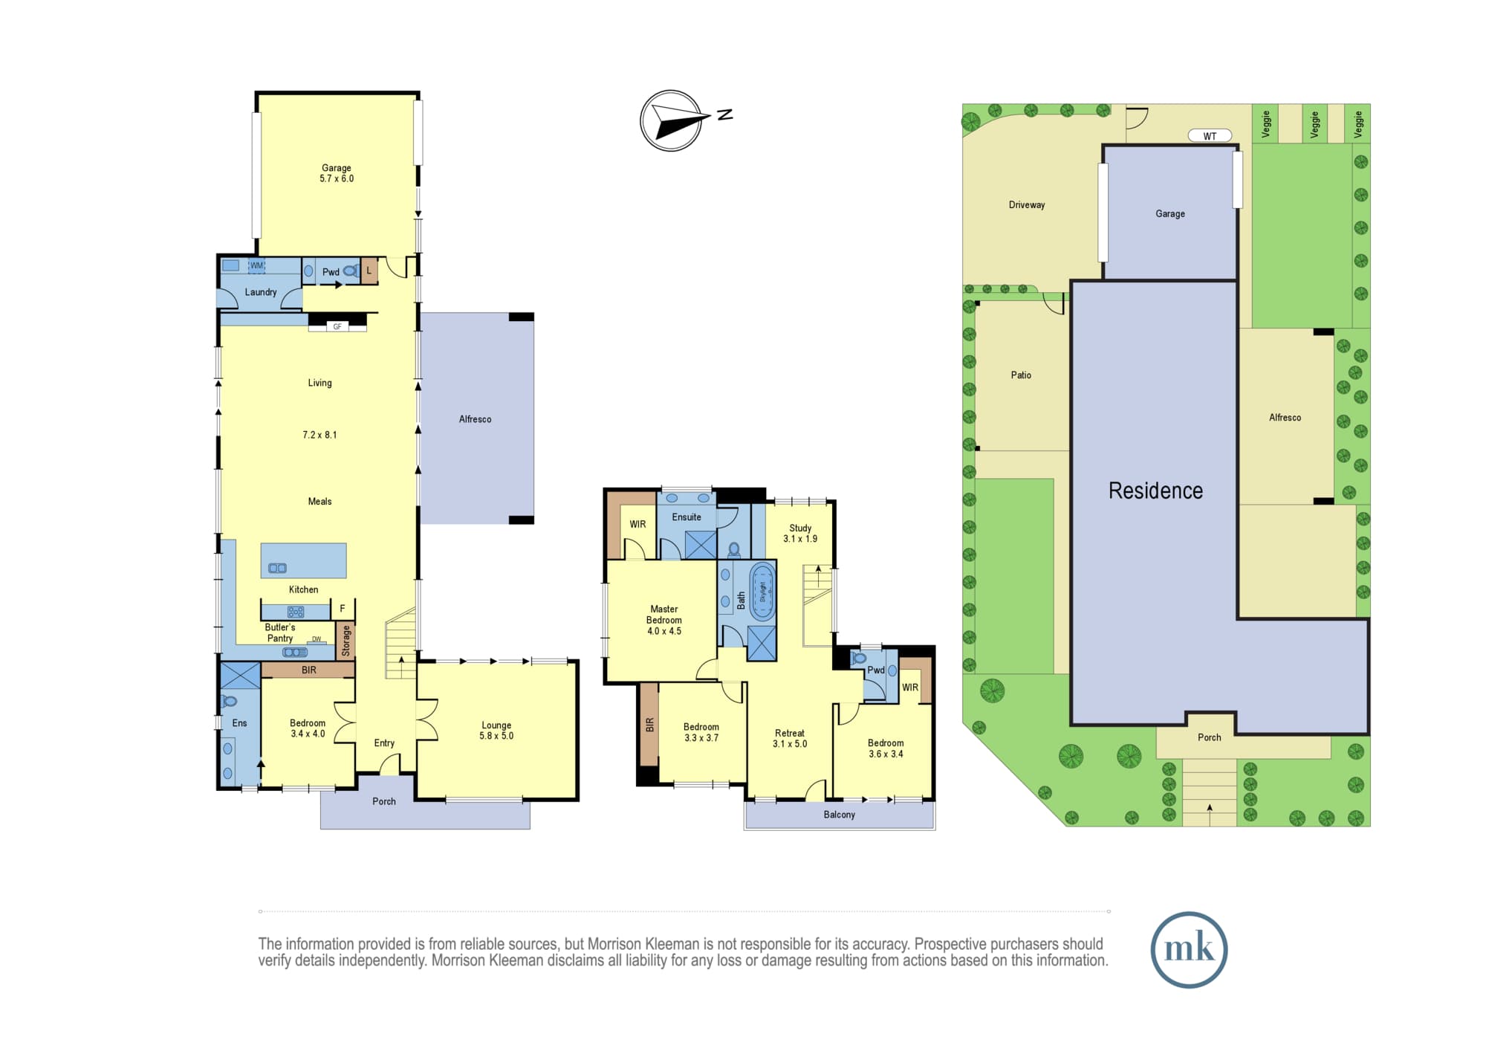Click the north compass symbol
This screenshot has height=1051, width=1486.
[672, 120]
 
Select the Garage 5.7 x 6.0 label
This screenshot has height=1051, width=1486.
[337, 173]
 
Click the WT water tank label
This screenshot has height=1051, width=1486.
[1210, 136]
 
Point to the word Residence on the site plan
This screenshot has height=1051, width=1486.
[1155, 491]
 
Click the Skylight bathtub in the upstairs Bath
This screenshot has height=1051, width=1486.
[762, 592]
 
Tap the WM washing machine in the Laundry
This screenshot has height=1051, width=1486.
[256, 265]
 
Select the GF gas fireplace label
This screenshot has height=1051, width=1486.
[337, 326]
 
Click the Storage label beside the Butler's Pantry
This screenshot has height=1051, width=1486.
[346, 641]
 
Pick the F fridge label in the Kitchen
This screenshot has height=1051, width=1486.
[343, 609]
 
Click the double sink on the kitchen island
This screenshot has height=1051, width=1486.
[277, 568]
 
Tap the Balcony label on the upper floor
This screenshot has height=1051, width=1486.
[840, 815]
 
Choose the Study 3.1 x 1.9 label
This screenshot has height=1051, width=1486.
[800, 533]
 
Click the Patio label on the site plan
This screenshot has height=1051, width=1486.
[1021, 375]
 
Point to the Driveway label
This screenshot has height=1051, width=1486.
[1027, 205]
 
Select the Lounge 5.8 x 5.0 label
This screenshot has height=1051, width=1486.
[496, 731]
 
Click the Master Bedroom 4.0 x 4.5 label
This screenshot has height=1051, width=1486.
[663, 620]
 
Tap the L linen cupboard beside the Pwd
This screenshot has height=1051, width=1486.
[369, 271]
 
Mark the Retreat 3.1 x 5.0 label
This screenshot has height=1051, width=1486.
[790, 738]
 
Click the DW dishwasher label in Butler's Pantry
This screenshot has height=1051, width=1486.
[317, 639]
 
